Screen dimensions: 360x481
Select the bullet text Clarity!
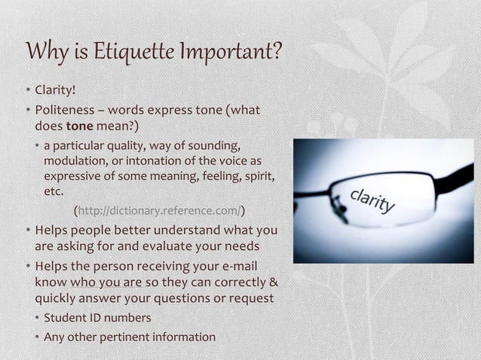[x=54, y=93]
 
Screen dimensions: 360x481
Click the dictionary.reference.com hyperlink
[x=158, y=209]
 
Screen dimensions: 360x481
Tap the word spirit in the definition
[x=258, y=176]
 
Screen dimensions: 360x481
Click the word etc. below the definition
[x=53, y=191]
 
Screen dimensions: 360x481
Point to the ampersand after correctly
[x=273, y=282]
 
